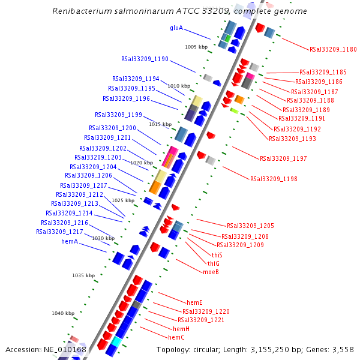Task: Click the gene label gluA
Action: point(176,28)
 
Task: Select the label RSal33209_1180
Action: point(333,49)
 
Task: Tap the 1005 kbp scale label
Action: point(196,46)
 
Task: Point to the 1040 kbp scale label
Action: point(63,313)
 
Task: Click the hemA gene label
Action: point(70,241)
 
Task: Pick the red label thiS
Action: point(217,254)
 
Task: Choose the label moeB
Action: point(211,272)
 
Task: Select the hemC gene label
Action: point(176,337)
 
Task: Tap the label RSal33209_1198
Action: point(274,179)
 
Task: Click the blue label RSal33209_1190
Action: point(145,59)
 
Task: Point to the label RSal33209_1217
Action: point(59,232)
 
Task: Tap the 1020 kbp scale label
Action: point(142,163)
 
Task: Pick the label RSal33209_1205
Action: point(250,226)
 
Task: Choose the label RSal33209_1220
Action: point(206,311)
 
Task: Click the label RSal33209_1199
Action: point(118,114)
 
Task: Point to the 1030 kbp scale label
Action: point(103,238)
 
